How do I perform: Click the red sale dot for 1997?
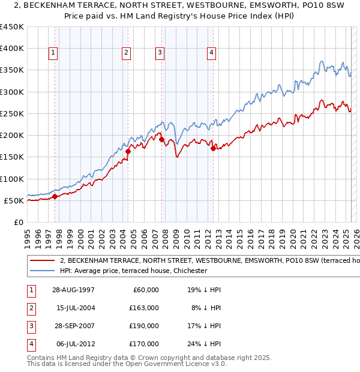[x=55, y=196]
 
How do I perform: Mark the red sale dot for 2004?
[x=128, y=151]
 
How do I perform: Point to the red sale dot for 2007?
[x=161, y=139]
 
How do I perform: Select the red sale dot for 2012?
[x=213, y=149]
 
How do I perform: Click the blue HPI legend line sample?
[x=42, y=271]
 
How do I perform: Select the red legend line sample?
[x=42, y=261]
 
